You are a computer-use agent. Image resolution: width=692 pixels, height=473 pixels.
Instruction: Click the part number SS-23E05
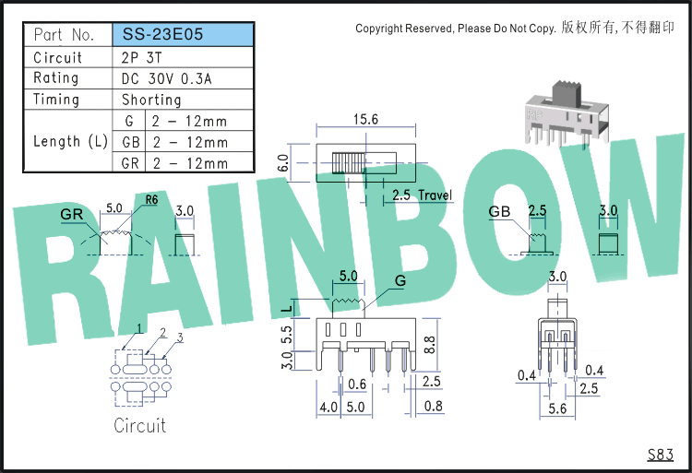click(162, 34)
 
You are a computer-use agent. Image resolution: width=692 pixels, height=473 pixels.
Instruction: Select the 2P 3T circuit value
click(141, 57)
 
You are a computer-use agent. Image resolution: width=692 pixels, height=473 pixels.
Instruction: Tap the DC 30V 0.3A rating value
click(166, 78)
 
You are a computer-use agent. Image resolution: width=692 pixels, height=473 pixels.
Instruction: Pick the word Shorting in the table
click(151, 100)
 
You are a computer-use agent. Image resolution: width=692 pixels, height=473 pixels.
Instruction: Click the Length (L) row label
click(71, 141)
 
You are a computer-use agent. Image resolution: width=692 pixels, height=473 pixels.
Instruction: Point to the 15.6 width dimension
click(366, 119)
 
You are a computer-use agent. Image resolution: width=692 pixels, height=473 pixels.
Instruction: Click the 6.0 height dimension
click(283, 162)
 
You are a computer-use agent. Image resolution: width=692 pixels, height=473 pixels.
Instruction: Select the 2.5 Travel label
click(423, 195)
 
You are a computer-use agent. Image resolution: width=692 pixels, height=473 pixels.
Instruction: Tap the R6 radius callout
click(151, 200)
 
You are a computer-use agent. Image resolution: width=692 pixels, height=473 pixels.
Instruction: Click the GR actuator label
click(71, 214)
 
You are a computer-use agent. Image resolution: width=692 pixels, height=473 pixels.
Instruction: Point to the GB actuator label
click(499, 211)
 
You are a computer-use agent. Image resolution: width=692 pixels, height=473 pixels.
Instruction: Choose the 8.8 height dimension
click(429, 344)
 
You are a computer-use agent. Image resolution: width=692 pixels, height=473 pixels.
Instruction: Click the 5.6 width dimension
click(557, 408)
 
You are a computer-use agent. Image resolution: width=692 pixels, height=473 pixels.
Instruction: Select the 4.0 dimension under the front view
click(328, 407)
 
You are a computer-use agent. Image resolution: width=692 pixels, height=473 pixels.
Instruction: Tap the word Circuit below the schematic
click(140, 425)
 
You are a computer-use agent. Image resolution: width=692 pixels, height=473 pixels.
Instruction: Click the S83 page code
click(661, 454)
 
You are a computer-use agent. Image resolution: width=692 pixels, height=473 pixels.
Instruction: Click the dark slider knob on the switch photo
click(567, 93)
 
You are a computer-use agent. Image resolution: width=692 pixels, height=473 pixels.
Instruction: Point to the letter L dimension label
click(287, 309)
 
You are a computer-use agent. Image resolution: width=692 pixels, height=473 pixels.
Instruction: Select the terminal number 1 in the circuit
click(139, 328)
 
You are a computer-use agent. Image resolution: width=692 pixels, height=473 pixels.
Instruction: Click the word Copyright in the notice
click(379, 29)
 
